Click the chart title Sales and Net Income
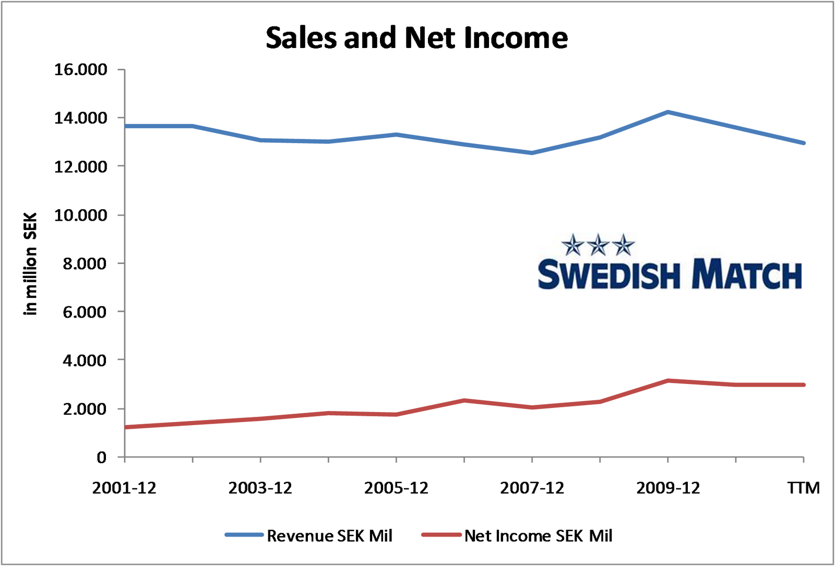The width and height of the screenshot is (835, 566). point(416,38)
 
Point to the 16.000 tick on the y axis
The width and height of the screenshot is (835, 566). point(81,69)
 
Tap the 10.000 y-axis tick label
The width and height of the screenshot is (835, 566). point(81,215)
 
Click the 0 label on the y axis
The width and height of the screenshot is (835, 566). point(101,457)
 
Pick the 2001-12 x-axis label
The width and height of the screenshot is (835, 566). point(124,488)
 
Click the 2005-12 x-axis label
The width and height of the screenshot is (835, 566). point(396,488)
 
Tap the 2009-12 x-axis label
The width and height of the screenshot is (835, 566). point(668,488)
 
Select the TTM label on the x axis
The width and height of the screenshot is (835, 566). point(803,488)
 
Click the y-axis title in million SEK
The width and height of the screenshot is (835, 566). point(31,263)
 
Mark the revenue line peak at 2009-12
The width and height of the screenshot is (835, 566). point(667,112)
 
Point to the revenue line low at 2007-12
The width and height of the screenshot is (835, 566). point(532,153)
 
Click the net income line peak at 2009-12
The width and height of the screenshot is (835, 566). point(667,381)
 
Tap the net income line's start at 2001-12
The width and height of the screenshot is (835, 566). point(126,427)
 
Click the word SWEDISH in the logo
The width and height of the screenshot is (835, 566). point(609,275)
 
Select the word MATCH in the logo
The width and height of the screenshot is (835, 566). point(747,275)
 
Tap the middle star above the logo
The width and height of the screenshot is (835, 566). point(598,244)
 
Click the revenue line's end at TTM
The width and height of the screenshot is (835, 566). point(803,143)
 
